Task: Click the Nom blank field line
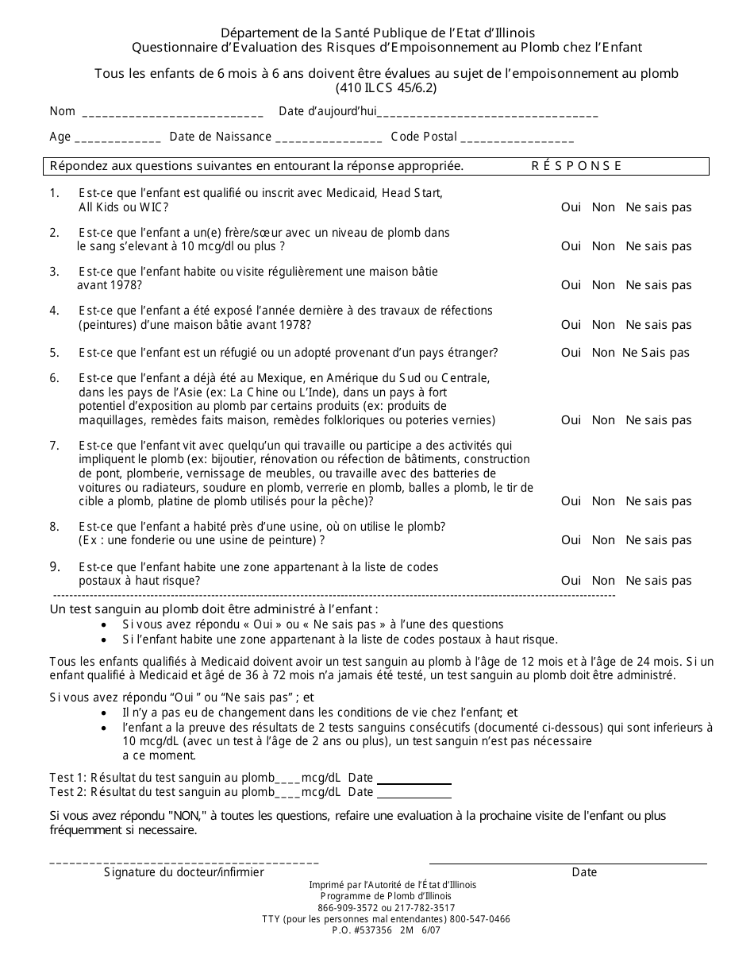172,114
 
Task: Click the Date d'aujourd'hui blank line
488,114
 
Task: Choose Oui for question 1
571,207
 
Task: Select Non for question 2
603,246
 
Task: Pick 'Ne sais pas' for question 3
659,285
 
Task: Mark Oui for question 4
571,325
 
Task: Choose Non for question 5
603,353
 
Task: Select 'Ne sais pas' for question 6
659,420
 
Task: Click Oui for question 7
571,501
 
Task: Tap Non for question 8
603,540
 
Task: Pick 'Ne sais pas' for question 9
659,581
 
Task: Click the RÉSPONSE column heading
576,166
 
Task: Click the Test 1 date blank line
414,780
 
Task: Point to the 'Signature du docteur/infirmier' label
184,872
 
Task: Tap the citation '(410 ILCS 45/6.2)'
386,88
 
